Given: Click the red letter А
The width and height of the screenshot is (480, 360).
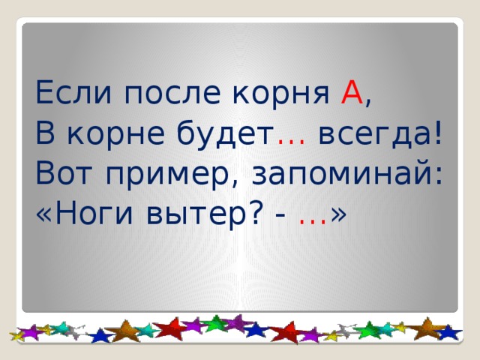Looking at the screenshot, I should (352, 94).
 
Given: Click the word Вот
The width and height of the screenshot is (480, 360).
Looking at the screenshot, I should (63, 175).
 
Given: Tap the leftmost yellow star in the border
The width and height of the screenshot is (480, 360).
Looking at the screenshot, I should (17, 334).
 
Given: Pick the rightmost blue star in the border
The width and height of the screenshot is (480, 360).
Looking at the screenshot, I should (449, 331).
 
